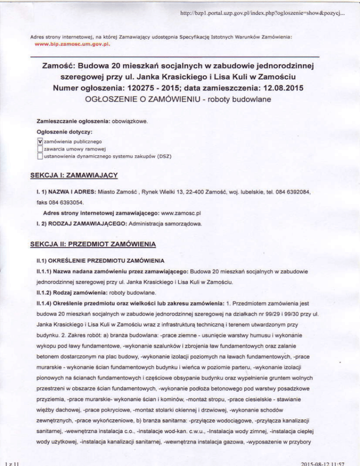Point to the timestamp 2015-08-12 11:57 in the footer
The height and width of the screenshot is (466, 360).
click(x=322, y=462)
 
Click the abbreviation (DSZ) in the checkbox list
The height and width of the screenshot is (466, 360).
click(x=165, y=156)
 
